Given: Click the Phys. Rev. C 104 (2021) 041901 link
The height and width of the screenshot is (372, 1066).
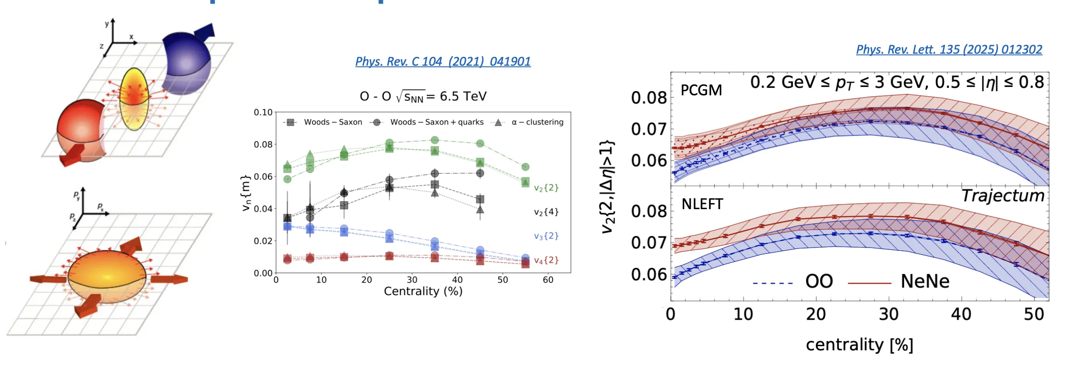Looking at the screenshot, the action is click(x=443, y=62).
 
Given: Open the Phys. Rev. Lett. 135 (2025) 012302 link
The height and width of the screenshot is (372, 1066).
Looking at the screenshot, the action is click(x=949, y=50).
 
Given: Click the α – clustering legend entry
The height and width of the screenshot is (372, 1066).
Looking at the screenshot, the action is click(x=527, y=122).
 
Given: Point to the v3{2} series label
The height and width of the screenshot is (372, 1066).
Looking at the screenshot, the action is click(x=546, y=236).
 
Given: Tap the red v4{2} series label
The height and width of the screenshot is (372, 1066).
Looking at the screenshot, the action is click(x=546, y=260).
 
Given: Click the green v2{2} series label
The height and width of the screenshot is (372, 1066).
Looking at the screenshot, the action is click(x=546, y=188).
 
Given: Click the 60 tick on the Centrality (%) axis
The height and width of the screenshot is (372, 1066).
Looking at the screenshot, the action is click(x=548, y=280).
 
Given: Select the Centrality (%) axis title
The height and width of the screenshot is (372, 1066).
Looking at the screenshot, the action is click(x=423, y=291).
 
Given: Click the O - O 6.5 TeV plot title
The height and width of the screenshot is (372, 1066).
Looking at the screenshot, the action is click(x=423, y=97).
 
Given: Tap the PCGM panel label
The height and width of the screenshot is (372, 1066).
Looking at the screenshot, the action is click(x=701, y=90).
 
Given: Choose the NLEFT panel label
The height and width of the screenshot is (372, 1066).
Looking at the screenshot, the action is click(x=702, y=204).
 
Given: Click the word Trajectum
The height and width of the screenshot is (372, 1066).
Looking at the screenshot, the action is click(x=1003, y=196).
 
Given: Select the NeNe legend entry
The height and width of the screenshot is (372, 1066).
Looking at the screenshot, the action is click(x=899, y=281).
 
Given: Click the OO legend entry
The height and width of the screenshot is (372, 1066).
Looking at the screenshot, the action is click(x=793, y=281).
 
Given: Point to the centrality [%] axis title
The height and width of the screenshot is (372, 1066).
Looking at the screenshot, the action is click(x=859, y=345).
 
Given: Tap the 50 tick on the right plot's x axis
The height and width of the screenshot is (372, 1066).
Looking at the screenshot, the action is click(x=1034, y=315).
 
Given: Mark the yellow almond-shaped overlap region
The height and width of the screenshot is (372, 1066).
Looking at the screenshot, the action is click(x=134, y=99).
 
